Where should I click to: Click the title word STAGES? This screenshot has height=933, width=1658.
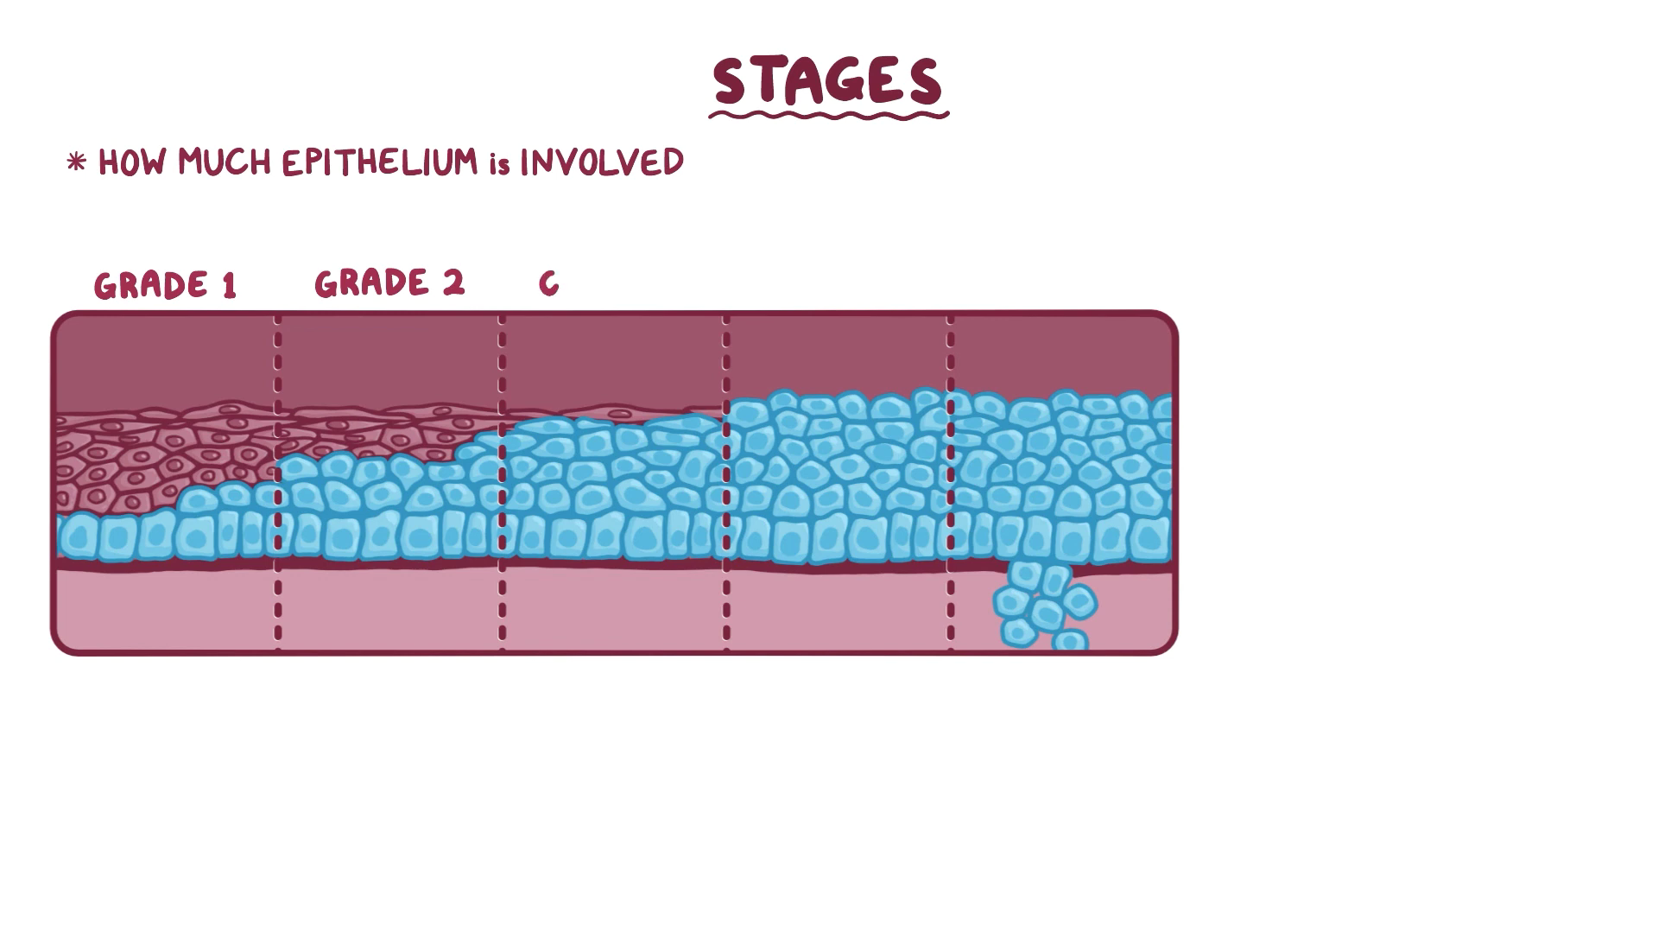[827, 81]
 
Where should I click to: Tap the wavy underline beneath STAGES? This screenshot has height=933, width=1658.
[827, 114]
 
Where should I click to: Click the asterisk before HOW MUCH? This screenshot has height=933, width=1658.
[76, 162]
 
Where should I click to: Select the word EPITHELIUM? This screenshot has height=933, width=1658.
[379, 162]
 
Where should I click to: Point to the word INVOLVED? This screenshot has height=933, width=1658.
[602, 162]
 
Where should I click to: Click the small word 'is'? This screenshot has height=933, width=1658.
[499, 164]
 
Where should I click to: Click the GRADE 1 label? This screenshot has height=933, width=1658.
[165, 285]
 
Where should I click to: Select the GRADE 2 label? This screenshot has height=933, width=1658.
[389, 283]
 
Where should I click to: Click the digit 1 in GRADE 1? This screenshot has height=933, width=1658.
[229, 286]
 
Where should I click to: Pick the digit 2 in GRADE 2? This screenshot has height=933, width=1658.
[453, 283]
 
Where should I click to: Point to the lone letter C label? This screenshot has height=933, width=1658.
[548, 283]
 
